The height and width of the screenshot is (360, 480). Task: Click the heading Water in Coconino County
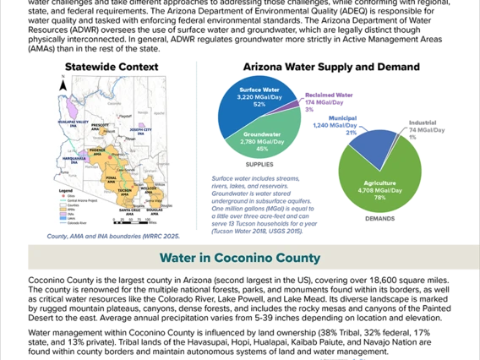[x=240, y=258]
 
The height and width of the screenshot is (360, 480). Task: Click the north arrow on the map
[x=62, y=85]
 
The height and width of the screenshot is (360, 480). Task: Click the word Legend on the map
[x=67, y=191]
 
